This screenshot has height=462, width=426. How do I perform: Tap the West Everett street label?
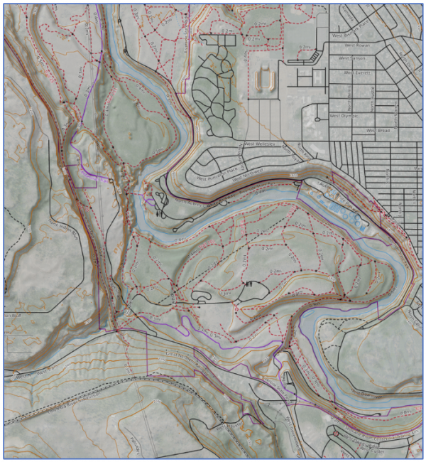coord(359,72)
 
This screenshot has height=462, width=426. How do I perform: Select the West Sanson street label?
coord(353,59)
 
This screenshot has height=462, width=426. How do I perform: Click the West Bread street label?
coord(380,131)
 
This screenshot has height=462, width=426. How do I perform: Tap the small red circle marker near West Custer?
coord(335,434)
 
